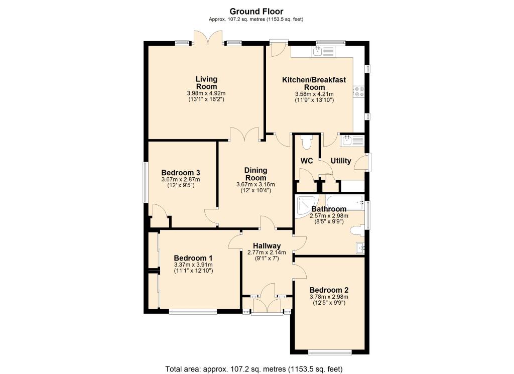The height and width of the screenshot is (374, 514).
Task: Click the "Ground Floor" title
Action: click(256, 12)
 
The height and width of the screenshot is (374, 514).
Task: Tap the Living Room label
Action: click(206, 83)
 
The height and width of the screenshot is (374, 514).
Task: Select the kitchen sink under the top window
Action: click(323, 52)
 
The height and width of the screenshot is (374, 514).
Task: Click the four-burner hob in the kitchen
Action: click(358, 91)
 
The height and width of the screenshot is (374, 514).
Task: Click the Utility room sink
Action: click(352, 141)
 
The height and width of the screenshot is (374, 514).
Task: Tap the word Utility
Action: click(341, 161)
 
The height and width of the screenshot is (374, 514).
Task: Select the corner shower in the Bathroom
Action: click(307, 206)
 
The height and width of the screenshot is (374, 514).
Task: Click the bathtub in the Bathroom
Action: click(344, 203)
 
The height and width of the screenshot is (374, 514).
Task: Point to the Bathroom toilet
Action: click(357, 230)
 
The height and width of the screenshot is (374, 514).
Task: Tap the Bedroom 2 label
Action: click(329, 290)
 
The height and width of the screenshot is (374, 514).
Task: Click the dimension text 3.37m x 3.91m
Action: click(193, 265)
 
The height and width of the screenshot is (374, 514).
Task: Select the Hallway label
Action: click(267, 246)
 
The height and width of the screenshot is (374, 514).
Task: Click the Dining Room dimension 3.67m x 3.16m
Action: click(255, 185)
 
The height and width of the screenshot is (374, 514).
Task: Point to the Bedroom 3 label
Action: click(181, 173)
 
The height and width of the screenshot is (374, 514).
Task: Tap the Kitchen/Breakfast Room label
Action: click(314, 83)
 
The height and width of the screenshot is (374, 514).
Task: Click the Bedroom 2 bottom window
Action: click(330, 353)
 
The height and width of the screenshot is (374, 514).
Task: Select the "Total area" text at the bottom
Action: click(254, 369)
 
